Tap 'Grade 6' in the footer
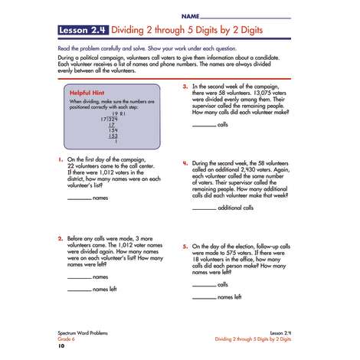click(x=67, y=338)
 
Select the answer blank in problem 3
click(x=204, y=124)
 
